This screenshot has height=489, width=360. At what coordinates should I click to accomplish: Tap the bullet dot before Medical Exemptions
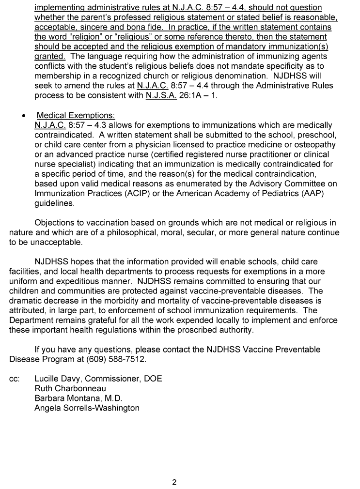pos(24,116)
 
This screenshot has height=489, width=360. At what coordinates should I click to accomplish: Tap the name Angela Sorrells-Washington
pos(87,408)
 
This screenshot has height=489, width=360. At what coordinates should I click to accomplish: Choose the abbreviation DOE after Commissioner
pos(152,379)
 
